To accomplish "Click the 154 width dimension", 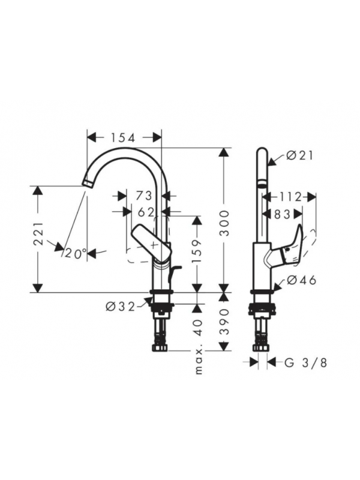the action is coord(122,138).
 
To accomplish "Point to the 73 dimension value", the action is coord(144,196).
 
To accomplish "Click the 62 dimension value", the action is coord(146,212).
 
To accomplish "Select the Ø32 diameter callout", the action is coord(121,307).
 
